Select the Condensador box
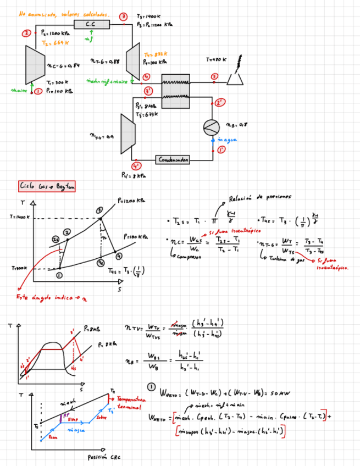(174, 159)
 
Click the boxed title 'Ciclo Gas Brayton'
(47, 187)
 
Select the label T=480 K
(216, 59)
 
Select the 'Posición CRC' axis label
(102, 457)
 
